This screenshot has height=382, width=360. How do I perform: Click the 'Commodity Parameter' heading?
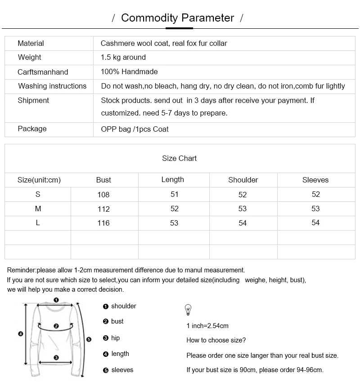tap(177, 18)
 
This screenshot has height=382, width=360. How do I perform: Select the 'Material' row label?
tap(31, 44)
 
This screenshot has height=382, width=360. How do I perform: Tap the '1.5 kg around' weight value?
tap(123, 58)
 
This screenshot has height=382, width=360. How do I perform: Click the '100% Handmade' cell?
tap(129, 72)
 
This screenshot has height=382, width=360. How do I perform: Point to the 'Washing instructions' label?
tap(52, 86)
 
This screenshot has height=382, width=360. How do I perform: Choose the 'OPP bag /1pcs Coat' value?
tap(135, 129)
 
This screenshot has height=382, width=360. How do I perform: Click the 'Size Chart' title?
tap(179, 158)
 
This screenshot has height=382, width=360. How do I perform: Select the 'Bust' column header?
tap(103, 180)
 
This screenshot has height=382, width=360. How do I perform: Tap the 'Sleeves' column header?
tap(315, 180)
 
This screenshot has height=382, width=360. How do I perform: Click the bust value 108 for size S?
tap(103, 195)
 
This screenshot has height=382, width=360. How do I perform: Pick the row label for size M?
tap(38, 209)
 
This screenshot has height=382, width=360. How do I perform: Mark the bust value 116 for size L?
tap(103, 223)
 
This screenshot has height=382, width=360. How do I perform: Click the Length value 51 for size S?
tap(175, 194)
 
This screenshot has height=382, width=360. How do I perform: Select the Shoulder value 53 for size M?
tap(243, 209)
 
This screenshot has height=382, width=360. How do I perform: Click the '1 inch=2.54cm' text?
tap(207, 326)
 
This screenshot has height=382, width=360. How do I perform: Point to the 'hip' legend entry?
tap(115, 338)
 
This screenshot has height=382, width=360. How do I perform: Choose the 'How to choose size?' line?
tap(216, 340)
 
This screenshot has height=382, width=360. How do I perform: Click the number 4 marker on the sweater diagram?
tap(20, 333)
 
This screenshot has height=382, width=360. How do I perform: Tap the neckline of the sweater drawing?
tap(56, 307)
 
